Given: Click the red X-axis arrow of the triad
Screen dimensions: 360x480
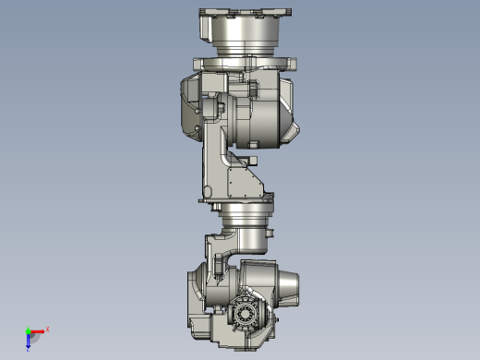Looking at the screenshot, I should tap(38, 331).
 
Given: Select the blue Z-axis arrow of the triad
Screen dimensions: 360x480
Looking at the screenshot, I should tap(29, 342).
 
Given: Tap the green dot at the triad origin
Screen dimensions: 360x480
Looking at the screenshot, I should tap(28, 331).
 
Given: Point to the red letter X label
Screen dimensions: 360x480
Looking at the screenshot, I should tap(47, 328).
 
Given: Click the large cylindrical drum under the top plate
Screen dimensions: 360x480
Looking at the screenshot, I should tap(242, 38).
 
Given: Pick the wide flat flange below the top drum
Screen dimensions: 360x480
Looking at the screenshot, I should tap(244, 64).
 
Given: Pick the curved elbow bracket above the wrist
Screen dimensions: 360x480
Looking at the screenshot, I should tap(222, 247).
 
